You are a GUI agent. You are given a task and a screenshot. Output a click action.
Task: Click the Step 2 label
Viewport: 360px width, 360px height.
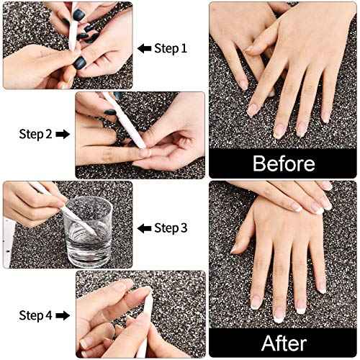35,134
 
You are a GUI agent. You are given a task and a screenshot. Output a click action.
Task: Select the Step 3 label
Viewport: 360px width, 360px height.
171,228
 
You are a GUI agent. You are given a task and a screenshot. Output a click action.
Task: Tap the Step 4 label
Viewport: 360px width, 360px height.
35,315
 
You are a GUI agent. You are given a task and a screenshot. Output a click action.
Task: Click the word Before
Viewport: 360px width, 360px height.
283,163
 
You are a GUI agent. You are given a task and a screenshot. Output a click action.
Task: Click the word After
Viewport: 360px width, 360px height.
283,343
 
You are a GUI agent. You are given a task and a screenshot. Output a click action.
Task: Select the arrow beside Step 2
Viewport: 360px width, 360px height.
63,134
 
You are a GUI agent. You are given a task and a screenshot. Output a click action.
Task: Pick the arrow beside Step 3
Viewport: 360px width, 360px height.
145,228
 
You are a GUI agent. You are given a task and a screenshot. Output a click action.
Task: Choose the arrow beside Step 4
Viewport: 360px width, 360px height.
63,315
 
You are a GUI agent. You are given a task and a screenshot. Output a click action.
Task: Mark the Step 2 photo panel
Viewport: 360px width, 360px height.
140,135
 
